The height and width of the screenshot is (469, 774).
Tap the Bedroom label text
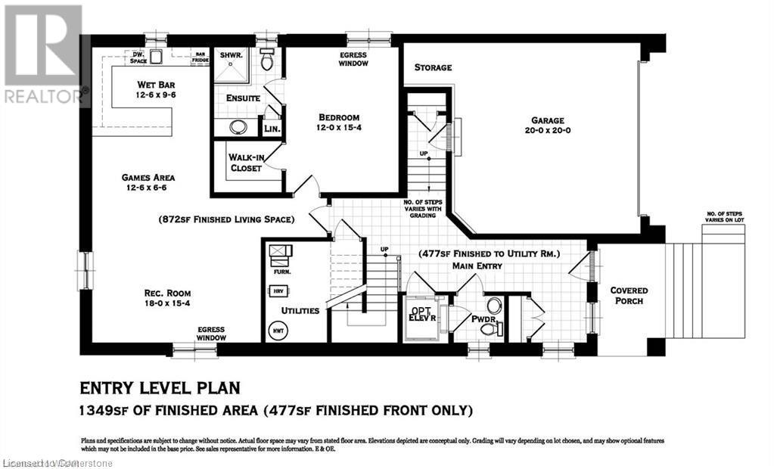coord(338,123)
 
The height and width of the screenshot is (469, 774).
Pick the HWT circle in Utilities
coord(277,330)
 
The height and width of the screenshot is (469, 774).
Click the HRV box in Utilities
coord(278,290)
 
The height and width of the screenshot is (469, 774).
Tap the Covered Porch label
coord(629,296)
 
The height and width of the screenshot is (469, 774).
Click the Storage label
coord(433,68)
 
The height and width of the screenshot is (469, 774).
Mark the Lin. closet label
coord(272,129)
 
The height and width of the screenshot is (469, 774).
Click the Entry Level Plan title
coord(160,388)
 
